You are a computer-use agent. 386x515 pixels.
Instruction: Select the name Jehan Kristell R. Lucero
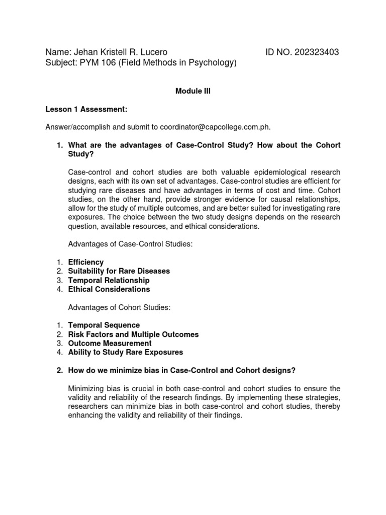(121, 52)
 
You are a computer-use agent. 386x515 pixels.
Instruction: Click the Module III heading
(193, 92)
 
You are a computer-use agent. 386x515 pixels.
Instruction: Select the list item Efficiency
(86, 262)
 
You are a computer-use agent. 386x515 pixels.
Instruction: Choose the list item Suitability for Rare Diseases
(119, 271)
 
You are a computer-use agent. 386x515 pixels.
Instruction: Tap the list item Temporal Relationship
(109, 280)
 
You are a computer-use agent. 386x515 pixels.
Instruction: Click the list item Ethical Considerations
(109, 289)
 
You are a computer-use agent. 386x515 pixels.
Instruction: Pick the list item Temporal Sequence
(104, 325)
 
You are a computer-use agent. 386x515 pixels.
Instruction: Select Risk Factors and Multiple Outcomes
(133, 334)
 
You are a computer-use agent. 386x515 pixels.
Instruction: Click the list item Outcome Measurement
(110, 344)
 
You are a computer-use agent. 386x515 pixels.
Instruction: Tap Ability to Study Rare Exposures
(126, 353)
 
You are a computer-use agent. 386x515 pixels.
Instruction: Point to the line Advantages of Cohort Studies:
(119, 307)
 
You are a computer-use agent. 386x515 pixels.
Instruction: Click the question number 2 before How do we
(59, 371)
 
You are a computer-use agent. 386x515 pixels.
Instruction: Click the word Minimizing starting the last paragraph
(85, 389)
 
